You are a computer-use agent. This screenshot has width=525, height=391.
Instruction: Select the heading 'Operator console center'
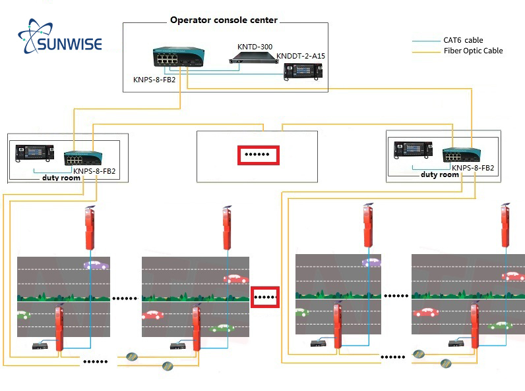tap(224, 20)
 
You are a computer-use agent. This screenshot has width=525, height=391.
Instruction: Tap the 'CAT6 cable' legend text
tap(463, 40)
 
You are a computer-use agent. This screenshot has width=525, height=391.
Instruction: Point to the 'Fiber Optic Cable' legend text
tap(473, 51)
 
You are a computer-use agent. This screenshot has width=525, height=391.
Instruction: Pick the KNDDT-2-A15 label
tap(301, 56)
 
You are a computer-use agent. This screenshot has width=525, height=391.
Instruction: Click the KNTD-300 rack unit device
tap(251, 61)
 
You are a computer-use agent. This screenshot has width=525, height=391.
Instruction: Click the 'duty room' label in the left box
tap(61, 178)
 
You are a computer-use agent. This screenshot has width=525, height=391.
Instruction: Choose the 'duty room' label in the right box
tap(439, 174)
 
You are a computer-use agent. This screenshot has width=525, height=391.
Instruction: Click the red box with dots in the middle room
tap(259, 155)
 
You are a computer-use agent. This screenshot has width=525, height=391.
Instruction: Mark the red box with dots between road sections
tap(266, 297)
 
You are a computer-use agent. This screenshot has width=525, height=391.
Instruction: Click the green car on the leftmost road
tap(22, 315)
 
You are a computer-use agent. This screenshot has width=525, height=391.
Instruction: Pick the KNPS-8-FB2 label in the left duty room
tap(94, 171)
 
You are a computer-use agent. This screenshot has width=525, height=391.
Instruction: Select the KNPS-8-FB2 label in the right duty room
tap(473, 168)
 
